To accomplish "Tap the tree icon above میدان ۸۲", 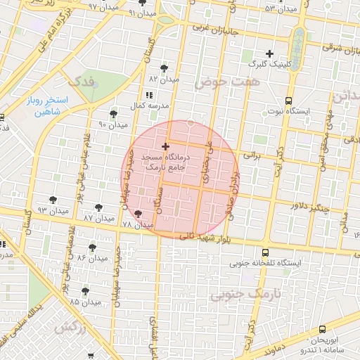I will click(165, 68).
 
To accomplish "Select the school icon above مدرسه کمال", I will click(148, 95).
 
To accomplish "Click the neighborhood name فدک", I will click(82, 82).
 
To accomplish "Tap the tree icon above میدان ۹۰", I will click(113, 114).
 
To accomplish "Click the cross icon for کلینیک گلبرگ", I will click(269, 53).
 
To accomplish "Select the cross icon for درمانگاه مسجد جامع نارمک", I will click(165, 146).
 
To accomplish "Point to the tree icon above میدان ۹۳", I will click(53, 200).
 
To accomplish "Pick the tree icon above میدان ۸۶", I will click(93, 247).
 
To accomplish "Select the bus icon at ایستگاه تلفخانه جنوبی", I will click(265, 252).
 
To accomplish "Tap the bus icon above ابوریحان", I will click(322, 328).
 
